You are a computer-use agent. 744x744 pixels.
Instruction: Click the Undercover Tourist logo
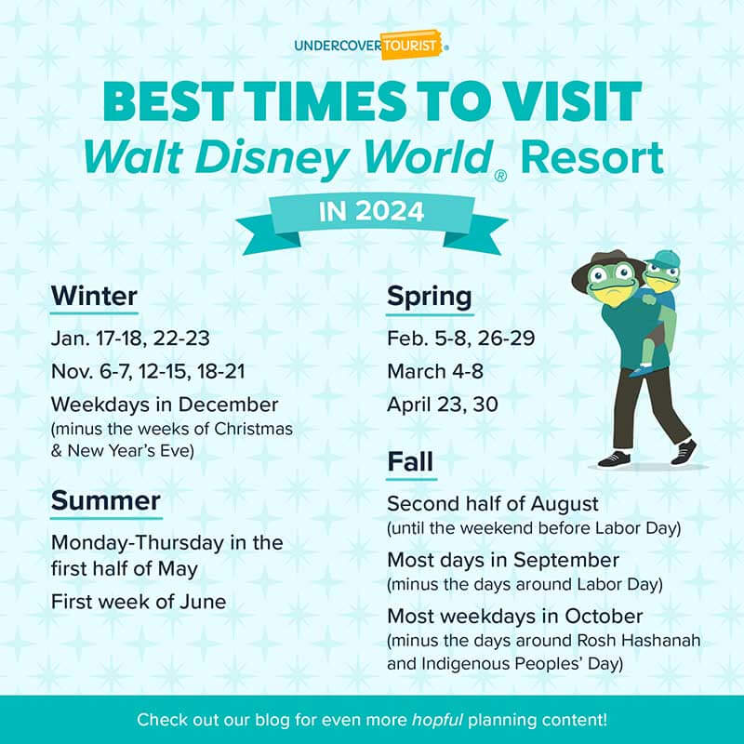[371, 45]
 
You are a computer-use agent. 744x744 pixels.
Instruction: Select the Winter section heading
[94, 297]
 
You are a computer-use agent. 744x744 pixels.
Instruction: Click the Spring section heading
[429, 297]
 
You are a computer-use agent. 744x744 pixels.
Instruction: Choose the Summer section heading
[106, 501]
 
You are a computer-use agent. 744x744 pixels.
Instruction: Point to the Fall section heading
[411, 462]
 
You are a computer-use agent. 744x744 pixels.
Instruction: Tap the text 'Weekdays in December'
[165, 405]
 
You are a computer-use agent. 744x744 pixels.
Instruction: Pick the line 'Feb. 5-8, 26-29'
[460, 337]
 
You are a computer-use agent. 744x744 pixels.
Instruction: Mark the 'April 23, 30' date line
[443, 405]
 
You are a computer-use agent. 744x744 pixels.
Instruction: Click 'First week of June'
[139, 602]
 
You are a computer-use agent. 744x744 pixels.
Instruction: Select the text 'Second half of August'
[493, 504]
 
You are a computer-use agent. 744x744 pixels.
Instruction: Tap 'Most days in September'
[503, 561]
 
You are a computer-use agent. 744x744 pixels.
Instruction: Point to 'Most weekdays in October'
[514, 617]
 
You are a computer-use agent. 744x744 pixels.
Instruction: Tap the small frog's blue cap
[661, 258]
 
